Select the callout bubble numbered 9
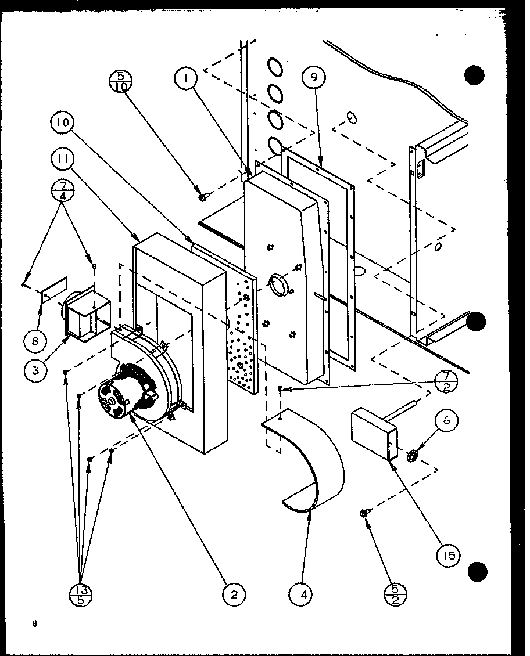coord(313,77)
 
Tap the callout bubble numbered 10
coord(63,123)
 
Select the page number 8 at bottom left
coord(35,624)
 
